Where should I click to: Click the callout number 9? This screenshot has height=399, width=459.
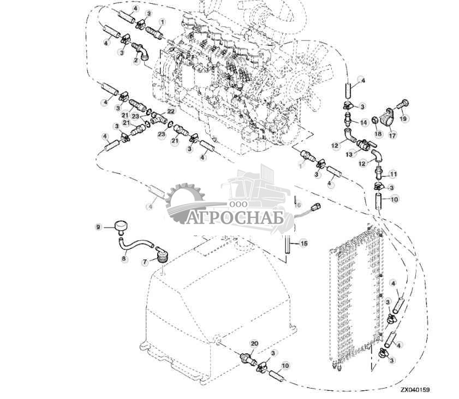click(x=98, y=227)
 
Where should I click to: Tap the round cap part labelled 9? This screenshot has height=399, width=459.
click(x=121, y=225)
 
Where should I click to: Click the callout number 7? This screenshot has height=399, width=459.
click(x=145, y=263)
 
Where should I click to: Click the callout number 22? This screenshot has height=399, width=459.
click(x=171, y=111)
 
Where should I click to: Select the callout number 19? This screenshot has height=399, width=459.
click(x=403, y=118)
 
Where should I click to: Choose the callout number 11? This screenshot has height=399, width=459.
click(x=392, y=175)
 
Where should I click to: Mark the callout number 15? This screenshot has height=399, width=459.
click(x=305, y=243)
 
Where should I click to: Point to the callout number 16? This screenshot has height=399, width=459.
click(x=297, y=205)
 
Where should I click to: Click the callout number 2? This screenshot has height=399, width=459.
click(x=137, y=61)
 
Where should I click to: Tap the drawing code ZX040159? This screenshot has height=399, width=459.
click(x=415, y=390)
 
